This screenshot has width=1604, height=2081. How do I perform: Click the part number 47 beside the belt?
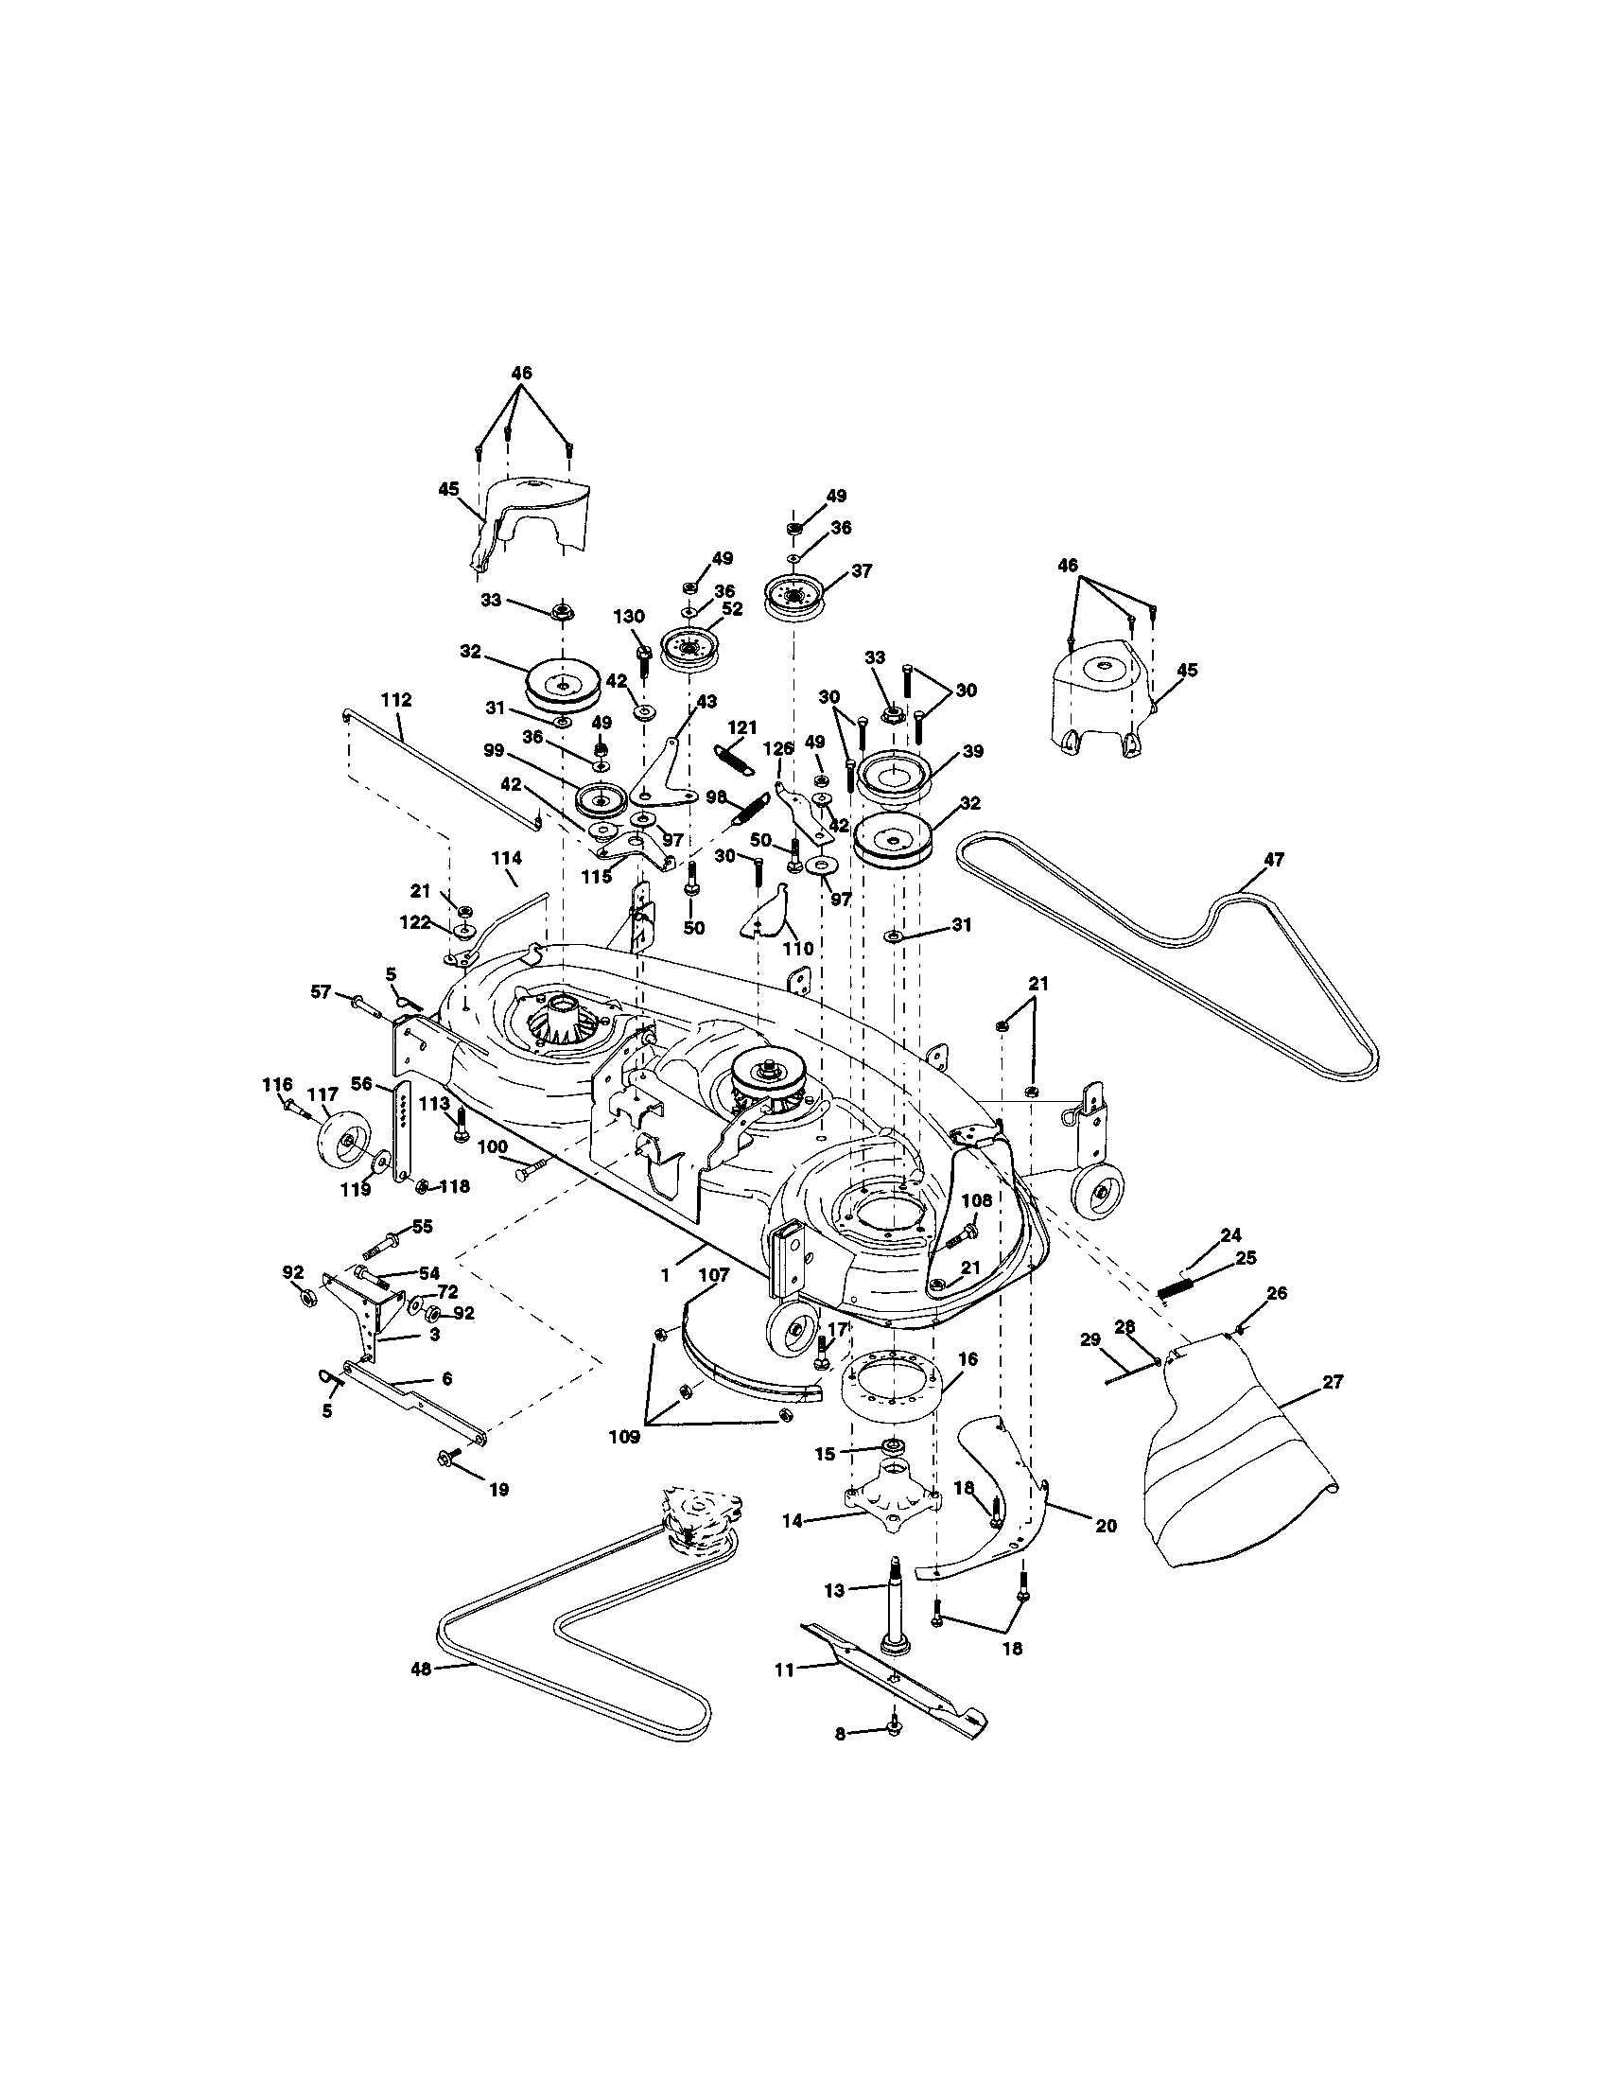[x=1274, y=860]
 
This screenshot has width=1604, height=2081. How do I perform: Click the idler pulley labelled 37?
[x=793, y=598]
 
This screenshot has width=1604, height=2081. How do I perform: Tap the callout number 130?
[x=628, y=617]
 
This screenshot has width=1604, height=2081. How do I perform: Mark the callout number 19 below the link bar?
[x=497, y=1489]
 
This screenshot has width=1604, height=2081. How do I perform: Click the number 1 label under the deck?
[x=665, y=1274]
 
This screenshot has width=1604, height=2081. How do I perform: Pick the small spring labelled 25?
[x=1177, y=1287]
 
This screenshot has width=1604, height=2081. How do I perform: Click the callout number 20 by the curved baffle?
[x=1105, y=1526]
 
